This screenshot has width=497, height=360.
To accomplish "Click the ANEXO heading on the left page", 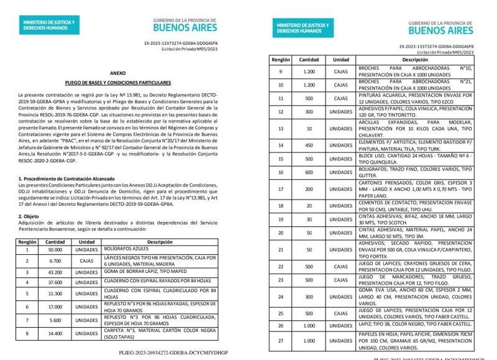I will click(x=117, y=73).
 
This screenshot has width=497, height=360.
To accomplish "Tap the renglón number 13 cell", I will click(x=280, y=129).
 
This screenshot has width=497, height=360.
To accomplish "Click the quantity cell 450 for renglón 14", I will click(x=309, y=145).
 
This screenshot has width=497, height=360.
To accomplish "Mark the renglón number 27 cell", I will click(x=280, y=341).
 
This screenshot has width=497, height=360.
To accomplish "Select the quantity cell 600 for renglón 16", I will click(x=309, y=172).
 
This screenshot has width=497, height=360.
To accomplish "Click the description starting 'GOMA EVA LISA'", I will click(x=414, y=298).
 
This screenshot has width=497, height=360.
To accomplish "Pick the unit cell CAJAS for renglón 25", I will click(x=340, y=313).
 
